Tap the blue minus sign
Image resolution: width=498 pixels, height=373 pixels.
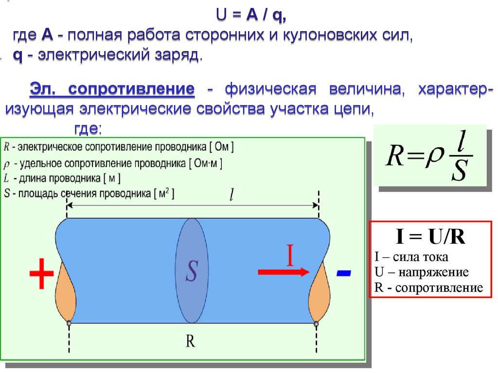click(x=343, y=274)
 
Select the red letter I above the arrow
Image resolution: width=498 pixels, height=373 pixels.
click(x=290, y=256)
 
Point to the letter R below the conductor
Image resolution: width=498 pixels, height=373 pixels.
click(x=190, y=341)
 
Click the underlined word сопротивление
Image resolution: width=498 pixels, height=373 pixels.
click(x=132, y=89)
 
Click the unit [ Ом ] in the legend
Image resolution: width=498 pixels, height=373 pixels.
click(x=223, y=146)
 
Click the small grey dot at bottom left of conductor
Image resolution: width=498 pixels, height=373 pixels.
click(x=69, y=322)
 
